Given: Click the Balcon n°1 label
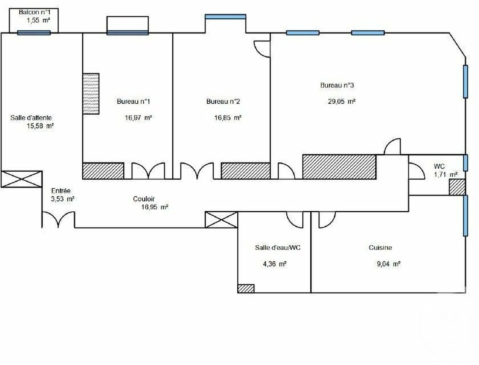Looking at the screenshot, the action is (x=34, y=12).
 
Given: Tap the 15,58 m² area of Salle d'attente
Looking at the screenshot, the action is (x=41, y=126).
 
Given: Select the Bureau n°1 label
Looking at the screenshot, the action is (x=134, y=101).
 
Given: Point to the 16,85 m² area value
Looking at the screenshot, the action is (x=228, y=118).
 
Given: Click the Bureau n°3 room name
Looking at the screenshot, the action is (x=337, y=85).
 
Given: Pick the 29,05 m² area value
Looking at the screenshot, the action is (x=342, y=101).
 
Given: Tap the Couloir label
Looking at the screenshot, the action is (x=144, y=199).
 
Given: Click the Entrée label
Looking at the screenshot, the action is (x=61, y=191).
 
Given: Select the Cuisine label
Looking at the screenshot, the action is (x=380, y=247).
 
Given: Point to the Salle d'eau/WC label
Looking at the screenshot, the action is (x=278, y=247).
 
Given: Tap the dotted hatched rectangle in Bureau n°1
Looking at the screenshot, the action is (x=91, y=93).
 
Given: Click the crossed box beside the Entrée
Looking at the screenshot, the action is (x=22, y=179).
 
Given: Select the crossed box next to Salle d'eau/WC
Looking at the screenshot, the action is (x=221, y=220).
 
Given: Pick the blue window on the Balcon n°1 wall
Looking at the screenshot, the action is (x=34, y=33).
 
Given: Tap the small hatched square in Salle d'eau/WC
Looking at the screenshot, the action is (x=246, y=288).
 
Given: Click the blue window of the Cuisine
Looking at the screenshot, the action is (x=465, y=216).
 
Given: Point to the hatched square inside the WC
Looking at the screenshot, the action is (x=457, y=187).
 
